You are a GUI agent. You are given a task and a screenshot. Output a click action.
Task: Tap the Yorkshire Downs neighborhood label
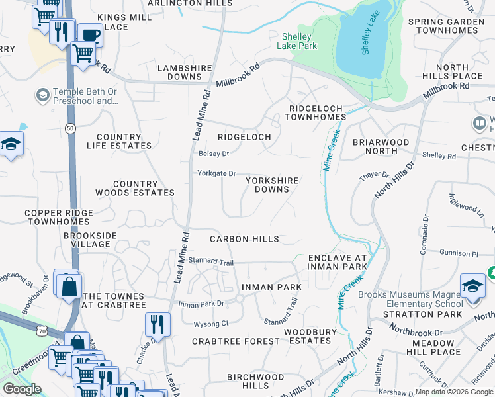[272, 185]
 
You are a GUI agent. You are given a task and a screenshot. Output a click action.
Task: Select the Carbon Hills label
[244, 239]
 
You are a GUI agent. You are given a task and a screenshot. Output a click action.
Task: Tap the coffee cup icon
[90, 36]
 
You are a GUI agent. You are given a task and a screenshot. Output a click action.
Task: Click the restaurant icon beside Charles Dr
[158, 324]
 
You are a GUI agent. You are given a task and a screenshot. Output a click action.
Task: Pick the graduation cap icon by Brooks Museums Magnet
[472, 287]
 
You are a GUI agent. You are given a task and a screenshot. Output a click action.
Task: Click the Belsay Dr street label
[213, 154]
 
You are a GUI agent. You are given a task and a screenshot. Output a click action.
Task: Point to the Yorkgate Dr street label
[216, 173]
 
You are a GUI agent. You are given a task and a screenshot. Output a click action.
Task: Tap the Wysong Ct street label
[210, 324]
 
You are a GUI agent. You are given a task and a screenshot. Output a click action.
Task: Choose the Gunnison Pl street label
[457, 253]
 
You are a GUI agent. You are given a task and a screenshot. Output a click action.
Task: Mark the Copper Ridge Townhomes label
[56, 218]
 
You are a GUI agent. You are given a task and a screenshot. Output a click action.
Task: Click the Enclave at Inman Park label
[337, 262]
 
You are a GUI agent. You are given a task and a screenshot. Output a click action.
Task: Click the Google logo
[22, 389]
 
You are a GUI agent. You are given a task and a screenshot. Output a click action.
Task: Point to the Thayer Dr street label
[374, 174]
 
